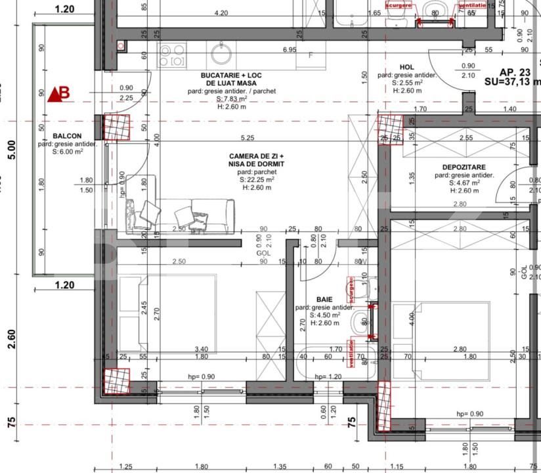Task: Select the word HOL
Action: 407,67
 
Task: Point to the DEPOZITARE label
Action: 464,168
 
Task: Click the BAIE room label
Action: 324,298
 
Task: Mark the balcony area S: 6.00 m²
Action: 67,152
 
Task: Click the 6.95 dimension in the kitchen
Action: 289,50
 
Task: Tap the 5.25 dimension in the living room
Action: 248,138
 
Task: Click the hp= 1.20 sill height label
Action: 328,376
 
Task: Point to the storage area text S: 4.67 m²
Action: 464,183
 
